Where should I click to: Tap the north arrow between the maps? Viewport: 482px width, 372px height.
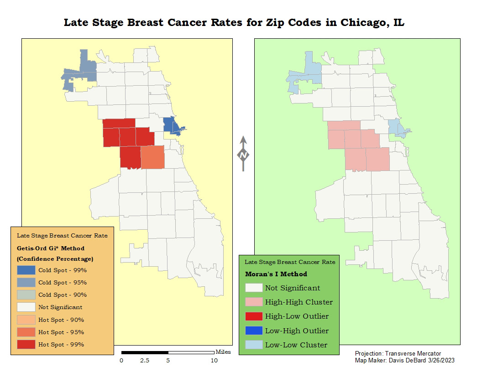pos(243,154)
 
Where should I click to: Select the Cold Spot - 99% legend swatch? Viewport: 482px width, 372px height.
pos(26,270)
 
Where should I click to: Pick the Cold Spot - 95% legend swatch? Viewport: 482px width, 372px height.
pos(26,282)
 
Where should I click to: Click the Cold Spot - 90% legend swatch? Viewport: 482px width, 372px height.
pos(26,294)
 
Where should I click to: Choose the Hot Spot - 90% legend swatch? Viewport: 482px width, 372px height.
pos(26,320)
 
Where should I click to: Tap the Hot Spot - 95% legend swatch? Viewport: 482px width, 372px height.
pos(26,332)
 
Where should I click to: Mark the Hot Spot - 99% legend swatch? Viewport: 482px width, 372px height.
pos(26,344)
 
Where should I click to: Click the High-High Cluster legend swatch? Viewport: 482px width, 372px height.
pos(253,302)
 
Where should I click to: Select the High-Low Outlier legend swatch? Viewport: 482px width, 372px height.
pos(253,316)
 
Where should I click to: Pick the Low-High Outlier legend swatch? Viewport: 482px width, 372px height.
pos(253,331)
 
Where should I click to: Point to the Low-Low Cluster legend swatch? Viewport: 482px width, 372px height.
pos(253,345)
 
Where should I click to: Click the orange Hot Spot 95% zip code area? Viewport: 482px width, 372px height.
pos(152,158)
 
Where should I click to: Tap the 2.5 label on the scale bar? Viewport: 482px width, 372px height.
pos(144,361)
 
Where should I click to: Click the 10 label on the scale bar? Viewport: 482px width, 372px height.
pos(214,361)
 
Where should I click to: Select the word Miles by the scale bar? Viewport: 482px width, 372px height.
pos(223,351)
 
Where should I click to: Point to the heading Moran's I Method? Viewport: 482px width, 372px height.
pos(276,274)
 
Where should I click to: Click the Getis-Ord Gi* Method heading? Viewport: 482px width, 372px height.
pos(51,248)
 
